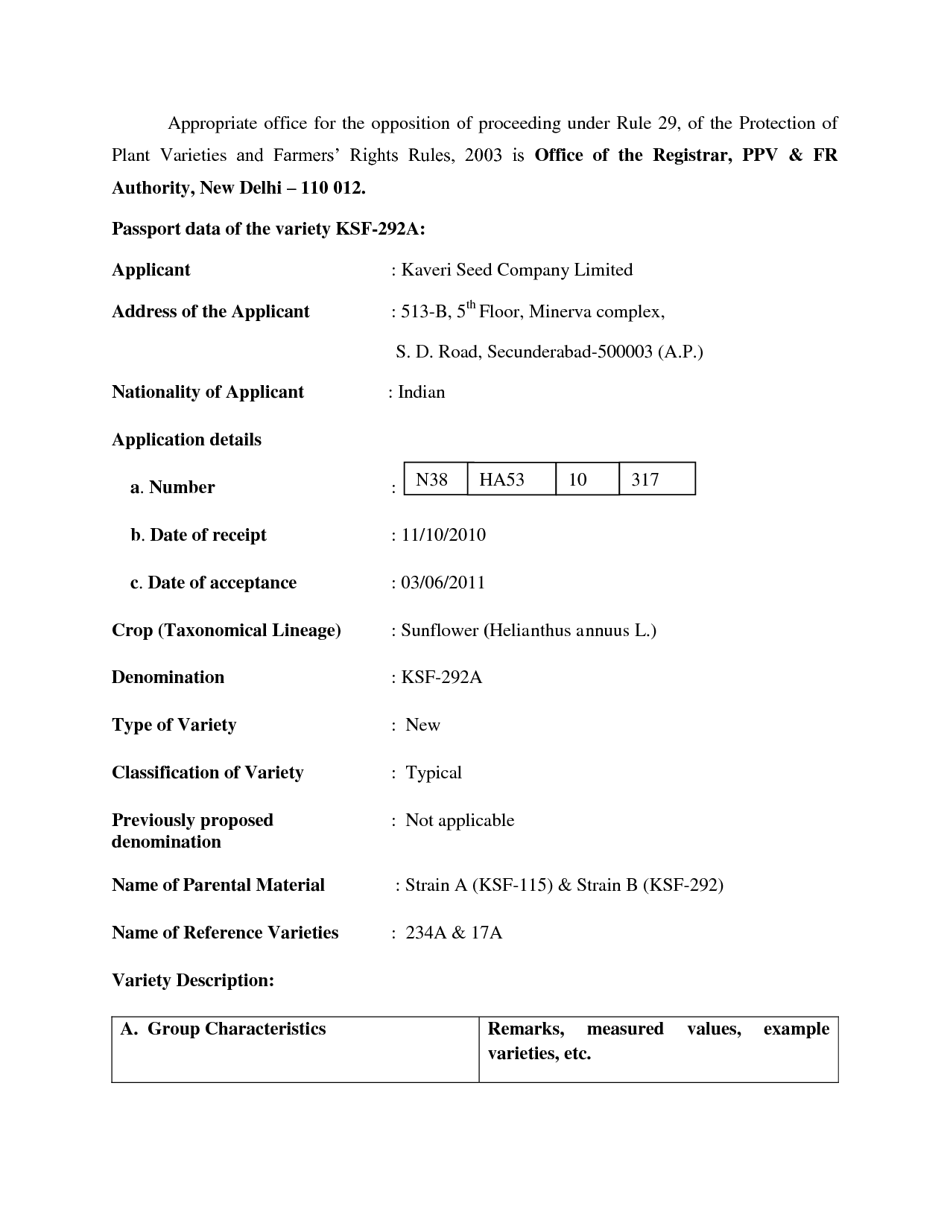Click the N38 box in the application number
pyautogui.click(x=432, y=479)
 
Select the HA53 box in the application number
pyautogui.click(x=502, y=479)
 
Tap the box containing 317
pyautogui.click(x=645, y=479)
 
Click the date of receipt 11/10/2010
pyautogui.click(x=443, y=535)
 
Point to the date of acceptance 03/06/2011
pyautogui.click(x=443, y=582)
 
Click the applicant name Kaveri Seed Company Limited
pyautogui.click(x=517, y=270)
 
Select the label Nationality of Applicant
pyautogui.click(x=208, y=392)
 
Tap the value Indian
pyautogui.click(x=421, y=392)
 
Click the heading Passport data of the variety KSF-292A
pyautogui.click(x=268, y=229)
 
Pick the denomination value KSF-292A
pyautogui.click(x=442, y=677)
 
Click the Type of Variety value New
pyautogui.click(x=422, y=725)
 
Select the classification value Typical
pyautogui.click(x=434, y=772)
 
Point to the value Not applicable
pyautogui.click(x=460, y=820)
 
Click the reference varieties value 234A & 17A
pyautogui.click(x=454, y=933)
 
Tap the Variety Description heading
pyautogui.click(x=193, y=980)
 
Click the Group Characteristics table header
pyautogui.click(x=224, y=1029)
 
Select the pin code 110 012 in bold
pyautogui.click(x=332, y=188)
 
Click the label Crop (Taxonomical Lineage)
pyautogui.click(x=227, y=630)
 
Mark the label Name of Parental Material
pyautogui.click(x=218, y=885)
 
